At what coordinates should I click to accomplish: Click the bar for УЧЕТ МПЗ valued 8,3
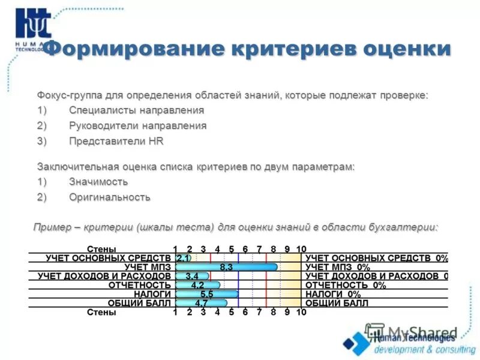(x=227, y=267)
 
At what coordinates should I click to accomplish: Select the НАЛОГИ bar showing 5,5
(x=207, y=294)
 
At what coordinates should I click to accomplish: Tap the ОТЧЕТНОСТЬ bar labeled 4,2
(x=198, y=285)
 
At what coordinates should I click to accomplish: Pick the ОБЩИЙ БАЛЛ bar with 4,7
(x=202, y=303)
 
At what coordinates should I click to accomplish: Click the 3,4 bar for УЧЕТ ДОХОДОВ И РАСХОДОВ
(x=192, y=276)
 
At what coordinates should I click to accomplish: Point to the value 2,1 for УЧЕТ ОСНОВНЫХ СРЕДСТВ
(x=182, y=258)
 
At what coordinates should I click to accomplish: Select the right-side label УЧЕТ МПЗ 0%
(x=337, y=267)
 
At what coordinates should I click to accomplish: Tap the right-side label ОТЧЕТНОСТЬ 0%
(x=345, y=285)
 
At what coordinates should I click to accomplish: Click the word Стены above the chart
(x=101, y=249)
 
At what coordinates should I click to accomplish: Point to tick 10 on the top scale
(x=301, y=249)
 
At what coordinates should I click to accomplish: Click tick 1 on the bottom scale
(x=175, y=312)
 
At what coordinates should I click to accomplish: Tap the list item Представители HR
(x=116, y=142)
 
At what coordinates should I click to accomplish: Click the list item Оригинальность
(x=109, y=197)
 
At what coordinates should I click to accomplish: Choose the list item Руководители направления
(x=137, y=126)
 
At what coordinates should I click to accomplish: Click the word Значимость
(x=98, y=181)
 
